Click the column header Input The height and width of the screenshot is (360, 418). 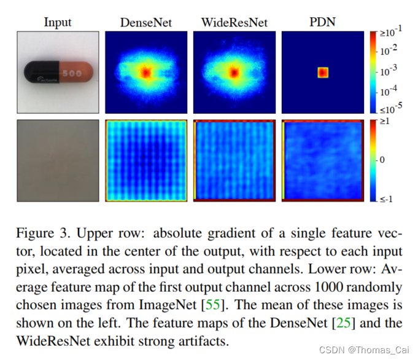click(58, 23)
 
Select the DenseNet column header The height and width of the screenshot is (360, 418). click(145, 23)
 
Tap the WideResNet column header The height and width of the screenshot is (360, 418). click(233, 23)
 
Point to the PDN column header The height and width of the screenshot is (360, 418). click(322, 23)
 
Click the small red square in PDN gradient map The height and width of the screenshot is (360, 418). click(323, 73)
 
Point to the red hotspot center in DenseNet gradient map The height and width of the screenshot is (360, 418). click(145, 72)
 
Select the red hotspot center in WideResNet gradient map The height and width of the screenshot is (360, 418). click(234, 72)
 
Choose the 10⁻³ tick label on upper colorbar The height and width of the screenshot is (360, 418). click(390, 72)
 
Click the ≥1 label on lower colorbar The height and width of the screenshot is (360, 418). click(388, 122)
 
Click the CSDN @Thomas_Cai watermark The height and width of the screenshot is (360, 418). click(364, 349)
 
